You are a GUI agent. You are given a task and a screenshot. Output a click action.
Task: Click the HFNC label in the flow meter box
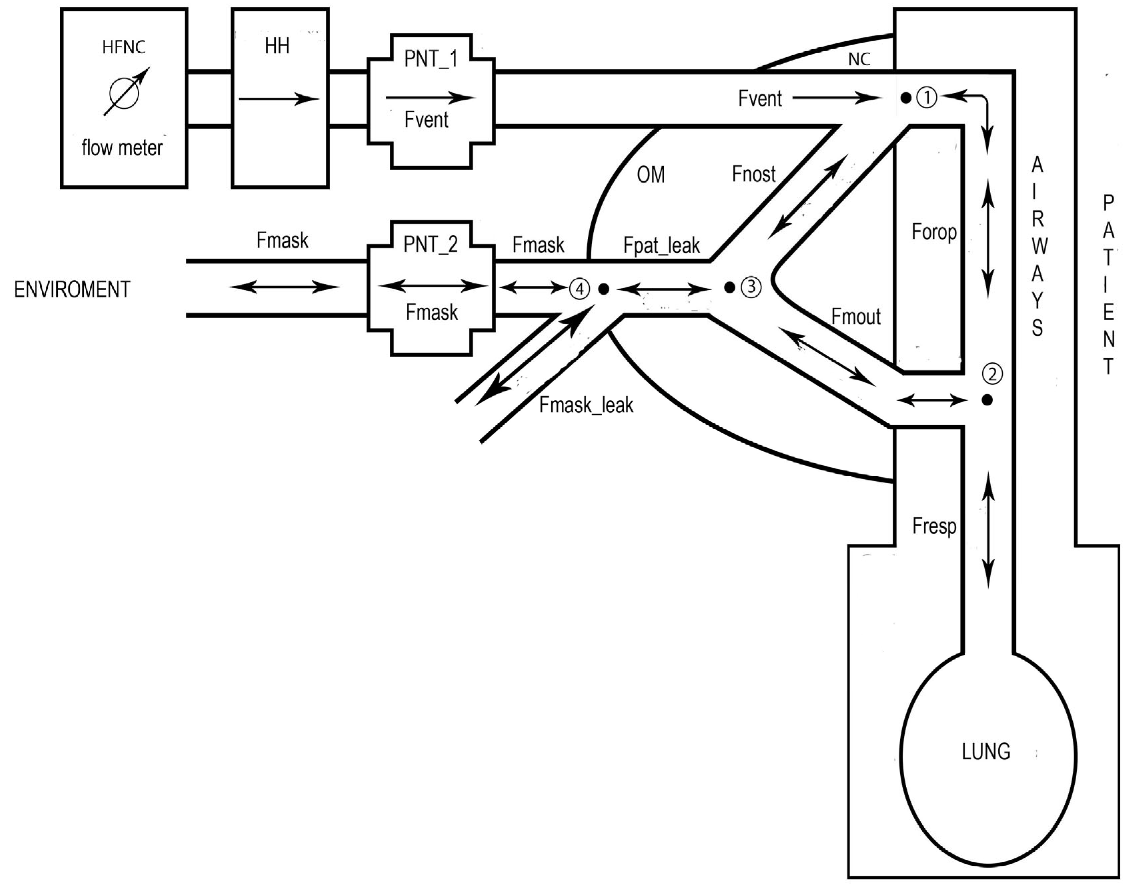tap(124, 47)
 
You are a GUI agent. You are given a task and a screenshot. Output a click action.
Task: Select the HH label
tap(277, 47)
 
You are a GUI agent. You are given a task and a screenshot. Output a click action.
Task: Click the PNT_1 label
tap(431, 59)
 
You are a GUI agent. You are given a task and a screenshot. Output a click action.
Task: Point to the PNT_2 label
tap(431, 244)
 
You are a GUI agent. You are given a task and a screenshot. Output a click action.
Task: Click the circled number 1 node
tap(926, 97)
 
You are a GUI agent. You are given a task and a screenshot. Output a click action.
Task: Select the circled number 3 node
tap(751, 287)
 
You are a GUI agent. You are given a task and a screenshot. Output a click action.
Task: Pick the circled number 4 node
tap(580, 288)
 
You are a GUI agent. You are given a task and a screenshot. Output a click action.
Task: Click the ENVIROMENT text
tap(72, 289)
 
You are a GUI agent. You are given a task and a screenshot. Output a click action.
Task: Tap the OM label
tap(651, 175)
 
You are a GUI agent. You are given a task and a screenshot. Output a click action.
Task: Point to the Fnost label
tap(754, 174)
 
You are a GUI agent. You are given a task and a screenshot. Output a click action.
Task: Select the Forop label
tap(934, 231)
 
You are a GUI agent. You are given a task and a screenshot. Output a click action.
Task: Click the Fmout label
tap(856, 316)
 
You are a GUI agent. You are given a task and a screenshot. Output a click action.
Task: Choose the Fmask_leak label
tap(587, 405)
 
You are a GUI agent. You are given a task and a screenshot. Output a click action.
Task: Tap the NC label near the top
tap(859, 60)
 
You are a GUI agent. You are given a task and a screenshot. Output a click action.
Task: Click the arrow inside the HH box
tap(279, 99)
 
